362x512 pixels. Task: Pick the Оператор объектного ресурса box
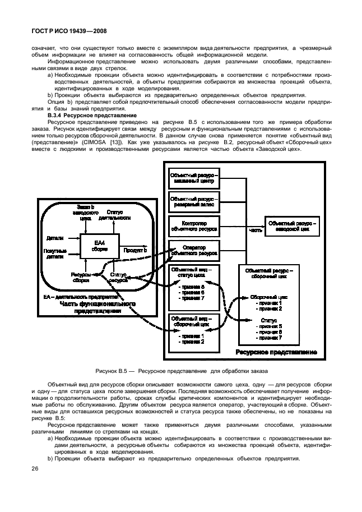(x=193, y=251)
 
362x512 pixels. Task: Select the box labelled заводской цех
(x=293, y=227)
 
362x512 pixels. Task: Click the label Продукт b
(x=135, y=250)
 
